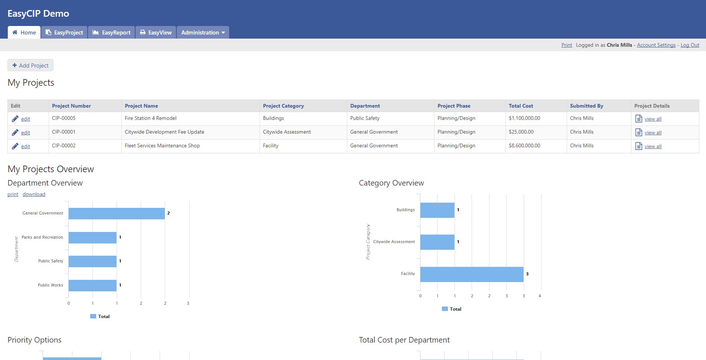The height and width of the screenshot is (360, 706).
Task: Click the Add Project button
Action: point(30,65)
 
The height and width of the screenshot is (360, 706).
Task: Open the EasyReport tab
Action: point(111,32)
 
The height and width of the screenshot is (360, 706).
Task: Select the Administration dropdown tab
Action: point(203,32)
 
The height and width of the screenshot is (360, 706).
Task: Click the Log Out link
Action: point(690,45)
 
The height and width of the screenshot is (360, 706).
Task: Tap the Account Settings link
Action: point(656,45)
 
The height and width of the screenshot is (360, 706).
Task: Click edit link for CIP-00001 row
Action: point(25,132)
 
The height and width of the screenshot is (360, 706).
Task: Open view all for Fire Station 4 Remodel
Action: point(653,119)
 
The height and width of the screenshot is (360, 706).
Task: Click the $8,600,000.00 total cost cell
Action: point(524,145)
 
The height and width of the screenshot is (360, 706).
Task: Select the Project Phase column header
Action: point(453,106)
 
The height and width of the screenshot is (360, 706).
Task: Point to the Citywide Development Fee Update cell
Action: point(165,132)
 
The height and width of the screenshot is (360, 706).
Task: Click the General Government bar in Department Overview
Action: point(116,213)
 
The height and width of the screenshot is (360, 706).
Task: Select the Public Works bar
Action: point(92,285)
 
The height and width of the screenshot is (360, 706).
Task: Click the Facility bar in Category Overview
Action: point(472,274)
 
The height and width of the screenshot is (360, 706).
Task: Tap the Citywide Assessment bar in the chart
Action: point(437,242)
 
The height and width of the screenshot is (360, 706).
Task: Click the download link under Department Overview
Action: point(34,194)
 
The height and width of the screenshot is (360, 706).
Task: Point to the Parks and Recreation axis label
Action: point(42,237)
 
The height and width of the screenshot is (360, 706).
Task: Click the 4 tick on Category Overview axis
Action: point(540,296)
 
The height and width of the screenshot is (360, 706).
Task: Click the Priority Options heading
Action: point(34,340)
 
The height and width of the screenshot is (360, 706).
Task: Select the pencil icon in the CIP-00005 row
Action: point(15,119)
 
